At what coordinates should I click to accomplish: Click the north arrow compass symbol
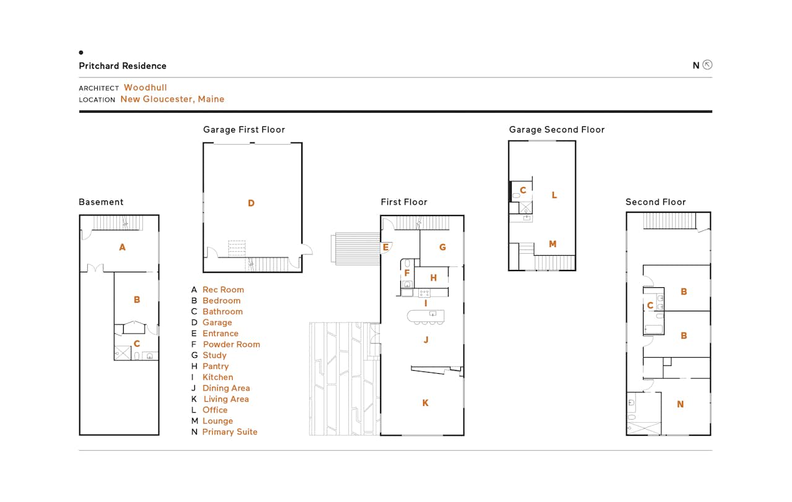[x=707, y=65]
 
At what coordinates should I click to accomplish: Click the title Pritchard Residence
[x=123, y=66]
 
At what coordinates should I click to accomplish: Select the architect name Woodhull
[x=145, y=87]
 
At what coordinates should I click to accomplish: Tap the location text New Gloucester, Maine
[x=172, y=99]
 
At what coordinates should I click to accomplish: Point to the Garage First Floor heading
[x=244, y=129]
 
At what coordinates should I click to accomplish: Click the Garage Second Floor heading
[x=557, y=129]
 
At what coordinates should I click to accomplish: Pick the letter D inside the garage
[x=251, y=203]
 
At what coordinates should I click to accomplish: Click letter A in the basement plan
[x=123, y=247]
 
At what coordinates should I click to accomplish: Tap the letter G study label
[x=442, y=247]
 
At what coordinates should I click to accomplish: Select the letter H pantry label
[x=434, y=278]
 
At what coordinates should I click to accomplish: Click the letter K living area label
[x=425, y=402]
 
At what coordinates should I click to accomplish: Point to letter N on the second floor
[x=680, y=404]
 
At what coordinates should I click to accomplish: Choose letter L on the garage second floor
[x=554, y=195]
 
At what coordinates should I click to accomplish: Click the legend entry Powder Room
[x=231, y=344]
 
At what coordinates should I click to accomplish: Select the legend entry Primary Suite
[x=230, y=432]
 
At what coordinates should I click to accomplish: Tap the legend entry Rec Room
[x=223, y=290]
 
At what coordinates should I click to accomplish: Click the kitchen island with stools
[x=426, y=317]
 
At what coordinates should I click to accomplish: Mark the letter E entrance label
[x=385, y=247]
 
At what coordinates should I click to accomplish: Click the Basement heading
[x=101, y=202]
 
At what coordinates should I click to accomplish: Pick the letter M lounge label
[x=553, y=244]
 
